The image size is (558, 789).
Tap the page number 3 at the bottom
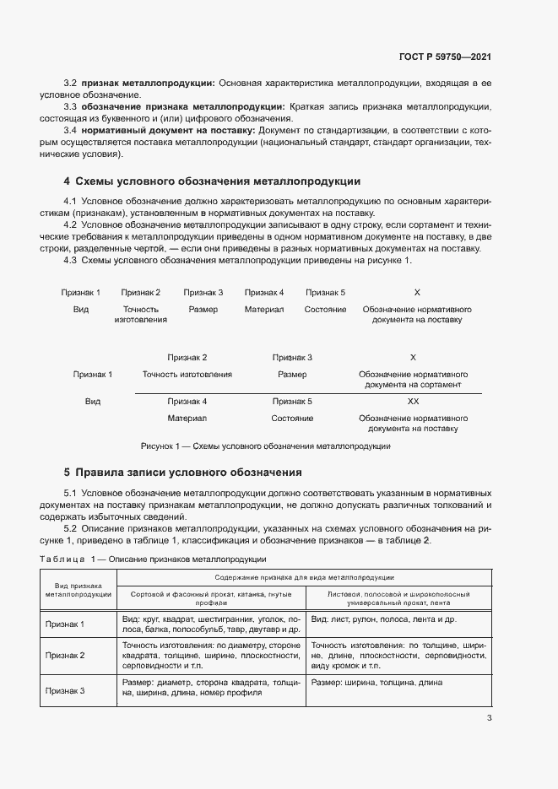(489, 719)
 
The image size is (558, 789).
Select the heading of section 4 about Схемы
(212, 181)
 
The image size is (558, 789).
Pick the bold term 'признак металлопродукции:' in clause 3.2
(149, 84)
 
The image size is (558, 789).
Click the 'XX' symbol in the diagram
(413, 402)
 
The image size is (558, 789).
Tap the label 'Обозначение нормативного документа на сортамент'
(413, 379)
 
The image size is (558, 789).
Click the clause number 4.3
(71, 260)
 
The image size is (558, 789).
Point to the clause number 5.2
(71, 528)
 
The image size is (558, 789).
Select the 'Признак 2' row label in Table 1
(65, 654)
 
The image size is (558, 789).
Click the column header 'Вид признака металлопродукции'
(79, 589)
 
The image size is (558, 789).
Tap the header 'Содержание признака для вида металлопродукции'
(305, 577)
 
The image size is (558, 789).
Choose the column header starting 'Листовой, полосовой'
(398, 598)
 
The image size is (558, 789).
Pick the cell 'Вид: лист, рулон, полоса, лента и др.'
(384, 619)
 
